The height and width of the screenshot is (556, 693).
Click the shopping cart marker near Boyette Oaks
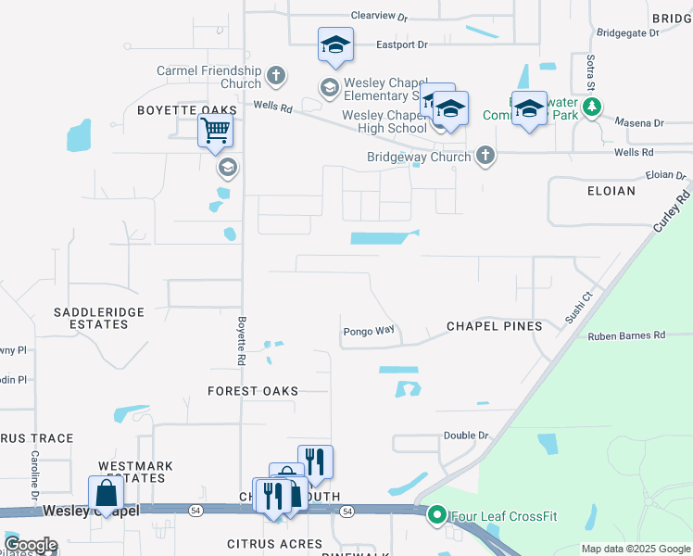click(215, 132)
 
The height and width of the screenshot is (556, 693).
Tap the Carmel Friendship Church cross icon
click(276, 75)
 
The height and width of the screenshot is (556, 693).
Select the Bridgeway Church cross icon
click(485, 157)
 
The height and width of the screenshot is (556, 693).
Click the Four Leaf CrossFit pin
click(436, 514)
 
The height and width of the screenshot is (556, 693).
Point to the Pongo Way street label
click(369, 330)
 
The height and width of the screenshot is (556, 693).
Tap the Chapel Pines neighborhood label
click(494, 326)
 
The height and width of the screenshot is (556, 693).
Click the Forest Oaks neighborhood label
click(253, 391)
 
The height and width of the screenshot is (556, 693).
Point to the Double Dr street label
click(465, 436)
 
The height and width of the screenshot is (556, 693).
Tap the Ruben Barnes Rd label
click(626, 335)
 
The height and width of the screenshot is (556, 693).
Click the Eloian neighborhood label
click(611, 191)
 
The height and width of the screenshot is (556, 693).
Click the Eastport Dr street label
click(401, 44)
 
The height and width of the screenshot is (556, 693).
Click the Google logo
click(30, 545)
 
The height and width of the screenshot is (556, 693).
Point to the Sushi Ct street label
click(578, 308)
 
